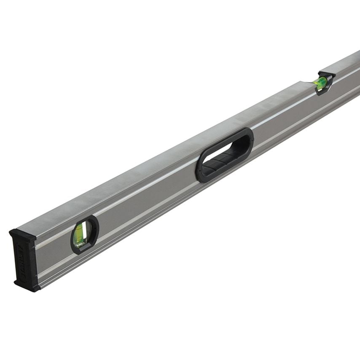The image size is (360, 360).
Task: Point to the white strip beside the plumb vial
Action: click(86, 231)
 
